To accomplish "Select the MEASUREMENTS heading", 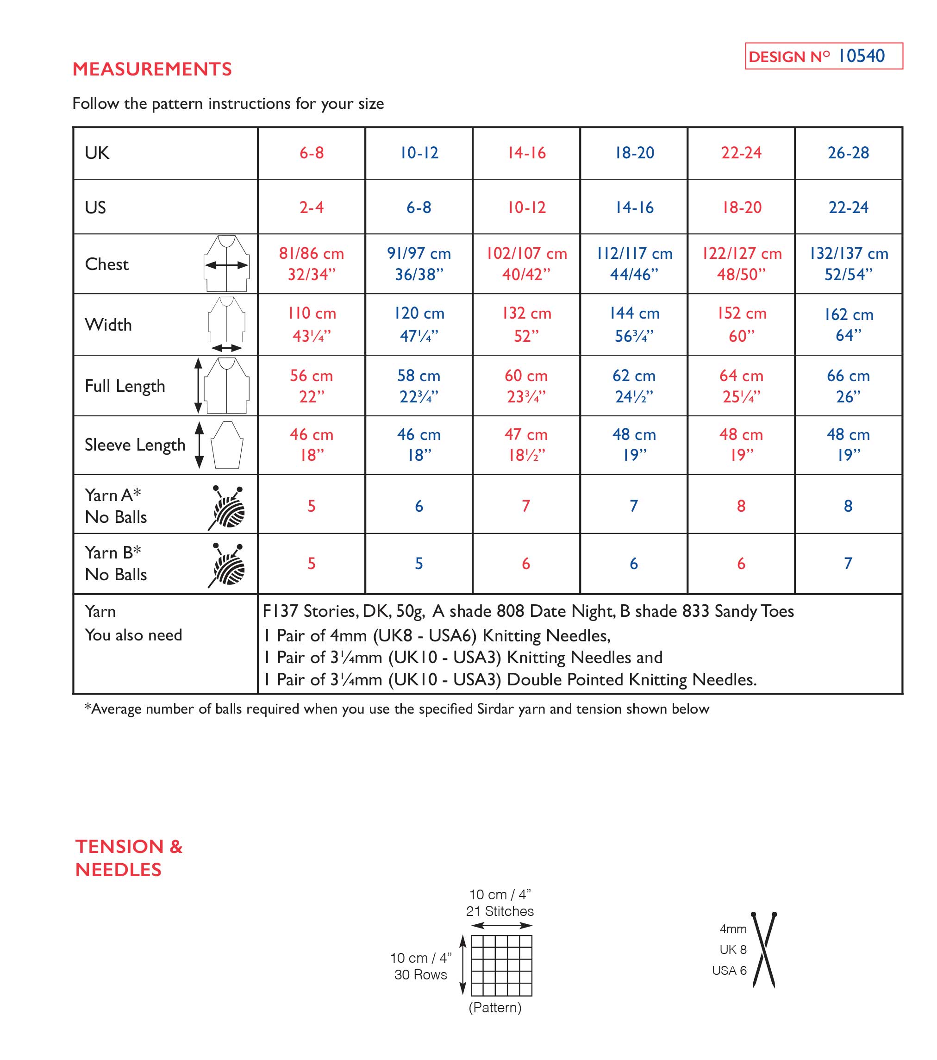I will pyautogui.click(x=152, y=69).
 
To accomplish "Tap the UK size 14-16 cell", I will pyautogui.click(x=526, y=153).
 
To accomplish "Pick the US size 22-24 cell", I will pyautogui.click(x=848, y=207).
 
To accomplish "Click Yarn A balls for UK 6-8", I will pyautogui.click(x=311, y=506).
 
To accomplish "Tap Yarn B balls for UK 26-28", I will pyautogui.click(x=848, y=563).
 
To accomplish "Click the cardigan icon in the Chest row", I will pyautogui.click(x=226, y=264).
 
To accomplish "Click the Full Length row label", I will pyautogui.click(x=125, y=386).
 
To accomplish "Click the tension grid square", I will pyautogui.click(x=501, y=965).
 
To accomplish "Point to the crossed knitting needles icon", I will pyautogui.click(x=763, y=949).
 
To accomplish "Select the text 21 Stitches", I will pyautogui.click(x=500, y=911).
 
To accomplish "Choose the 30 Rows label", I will pyautogui.click(x=420, y=974).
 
